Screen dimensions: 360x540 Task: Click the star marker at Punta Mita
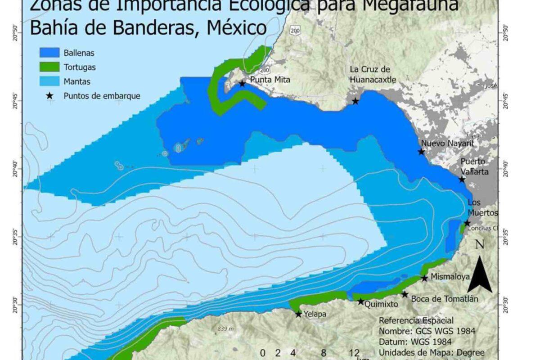tap(243, 83)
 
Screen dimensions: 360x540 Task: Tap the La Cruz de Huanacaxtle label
tap(373, 75)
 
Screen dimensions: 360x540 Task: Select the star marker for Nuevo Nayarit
tap(421, 152)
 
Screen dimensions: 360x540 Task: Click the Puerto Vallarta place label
tap(474, 166)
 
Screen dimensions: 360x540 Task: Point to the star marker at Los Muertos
tap(467, 223)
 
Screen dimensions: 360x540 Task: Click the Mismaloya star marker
tap(424, 278)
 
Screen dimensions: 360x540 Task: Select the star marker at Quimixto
tap(360, 301)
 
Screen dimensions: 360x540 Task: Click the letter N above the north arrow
tap(479, 245)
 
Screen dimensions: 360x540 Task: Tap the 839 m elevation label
tap(225, 329)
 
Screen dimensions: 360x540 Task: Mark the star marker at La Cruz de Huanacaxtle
tap(355, 101)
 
